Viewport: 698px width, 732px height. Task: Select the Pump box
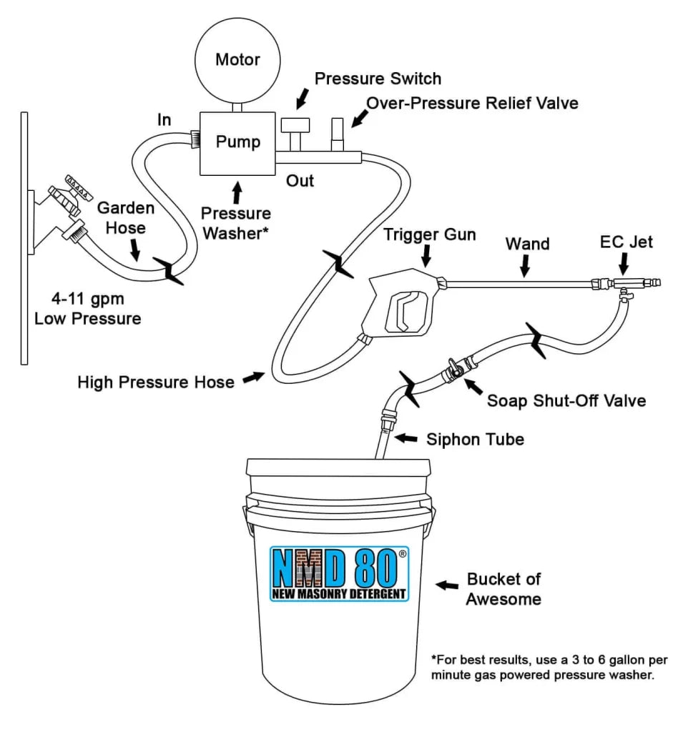coord(237,142)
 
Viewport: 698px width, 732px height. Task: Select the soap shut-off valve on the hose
coord(453,370)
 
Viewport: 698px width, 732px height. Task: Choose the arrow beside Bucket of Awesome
coord(448,585)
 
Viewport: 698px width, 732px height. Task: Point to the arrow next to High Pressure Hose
coord(252,379)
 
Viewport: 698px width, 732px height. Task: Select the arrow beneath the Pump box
coord(237,191)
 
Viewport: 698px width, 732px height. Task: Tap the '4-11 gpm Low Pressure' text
coord(87,309)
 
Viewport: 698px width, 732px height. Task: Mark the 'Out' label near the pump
coord(300,181)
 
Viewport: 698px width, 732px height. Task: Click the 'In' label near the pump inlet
coord(164,119)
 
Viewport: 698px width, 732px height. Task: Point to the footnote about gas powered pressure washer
coord(542,666)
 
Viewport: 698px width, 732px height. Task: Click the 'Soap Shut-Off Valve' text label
coord(566,400)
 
